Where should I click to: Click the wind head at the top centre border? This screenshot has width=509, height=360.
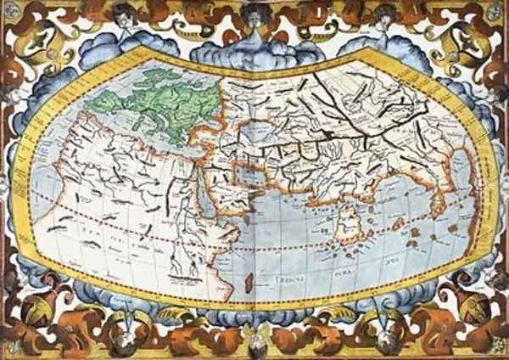(255, 14)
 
